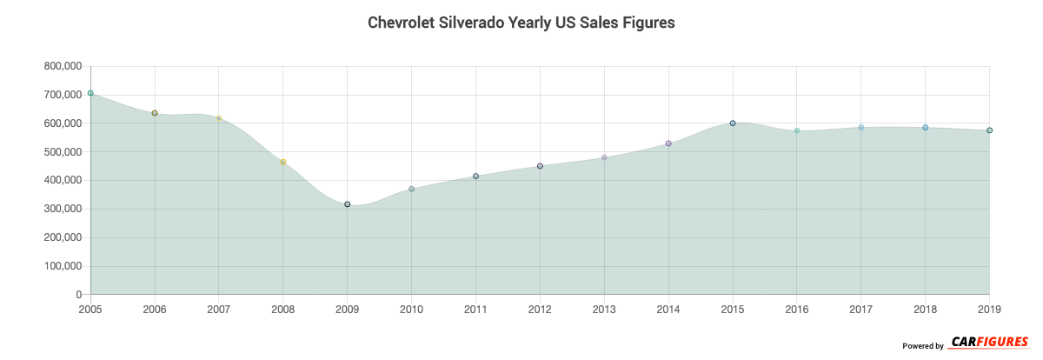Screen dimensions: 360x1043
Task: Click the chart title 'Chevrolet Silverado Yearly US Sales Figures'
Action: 521,23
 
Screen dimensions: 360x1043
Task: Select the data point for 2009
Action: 348,204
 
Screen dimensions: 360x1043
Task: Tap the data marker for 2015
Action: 733,123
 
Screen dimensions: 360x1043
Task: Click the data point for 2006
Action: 155,113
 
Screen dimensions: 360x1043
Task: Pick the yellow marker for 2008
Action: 283,162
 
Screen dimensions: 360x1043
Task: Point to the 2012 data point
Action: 540,166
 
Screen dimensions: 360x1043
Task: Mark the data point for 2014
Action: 668,143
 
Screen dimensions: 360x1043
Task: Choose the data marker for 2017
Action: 861,128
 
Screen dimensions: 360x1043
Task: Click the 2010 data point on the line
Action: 412,189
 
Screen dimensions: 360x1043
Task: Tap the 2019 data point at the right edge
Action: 989,130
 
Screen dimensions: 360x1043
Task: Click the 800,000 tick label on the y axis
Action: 61,66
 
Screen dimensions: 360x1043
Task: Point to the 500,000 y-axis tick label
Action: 61,152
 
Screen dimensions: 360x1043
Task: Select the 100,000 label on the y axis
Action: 61,266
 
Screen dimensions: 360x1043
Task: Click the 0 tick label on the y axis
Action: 78,295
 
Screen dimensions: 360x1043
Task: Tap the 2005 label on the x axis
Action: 90,309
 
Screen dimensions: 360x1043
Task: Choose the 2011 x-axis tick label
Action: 475,309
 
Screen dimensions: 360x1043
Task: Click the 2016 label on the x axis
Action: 797,309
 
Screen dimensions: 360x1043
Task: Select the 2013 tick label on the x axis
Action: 604,309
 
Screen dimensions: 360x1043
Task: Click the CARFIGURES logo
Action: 989,343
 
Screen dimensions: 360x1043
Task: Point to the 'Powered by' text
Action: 923,346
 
